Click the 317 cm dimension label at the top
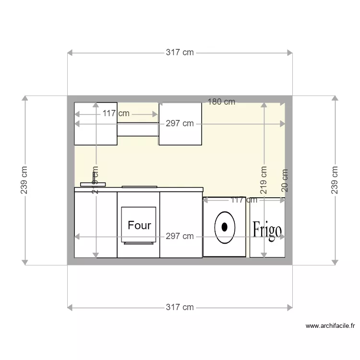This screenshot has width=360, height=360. tap(180, 53)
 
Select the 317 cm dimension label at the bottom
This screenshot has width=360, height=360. tap(180, 307)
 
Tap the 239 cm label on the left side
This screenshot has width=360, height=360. tap(24, 180)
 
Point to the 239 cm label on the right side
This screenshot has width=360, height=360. tap(335, 180)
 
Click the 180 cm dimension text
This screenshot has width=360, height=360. tap(221, 102)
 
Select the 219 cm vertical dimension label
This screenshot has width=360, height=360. tap(264, 180)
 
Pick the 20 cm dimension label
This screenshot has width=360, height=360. tap(285, 180)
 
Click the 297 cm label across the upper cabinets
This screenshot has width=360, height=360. tap(180, 124)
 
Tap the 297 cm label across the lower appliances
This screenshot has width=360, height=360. tap(180, 236)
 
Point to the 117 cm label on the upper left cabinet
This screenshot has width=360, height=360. tap(116, 114)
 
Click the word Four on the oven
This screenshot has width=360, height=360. tap(139, 225)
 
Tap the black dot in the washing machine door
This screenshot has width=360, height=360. tap(224, 227)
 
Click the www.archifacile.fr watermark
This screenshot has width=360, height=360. tap(330, 326)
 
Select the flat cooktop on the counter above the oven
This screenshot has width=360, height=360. tap(139, 186)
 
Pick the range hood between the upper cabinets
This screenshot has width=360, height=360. tap(138, 130)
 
